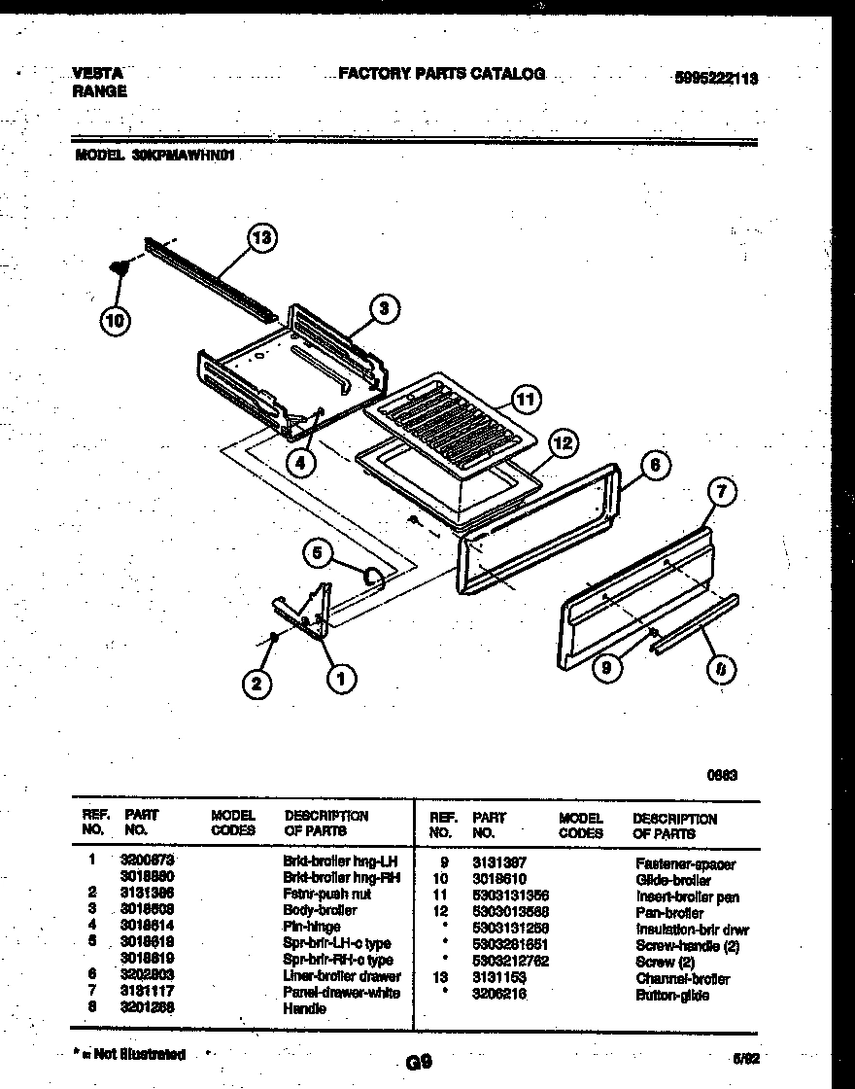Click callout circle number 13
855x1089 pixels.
pyautogui.click(x=261, y=237)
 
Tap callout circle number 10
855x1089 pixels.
pyautogui.click(x=116, y=322)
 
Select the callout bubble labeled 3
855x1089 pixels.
pyautogui.click(x=384, y=309)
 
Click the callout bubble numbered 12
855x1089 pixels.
pyautogui.click(x=564, y=443)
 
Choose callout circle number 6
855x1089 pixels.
pyautogui.click(x=655, y=466)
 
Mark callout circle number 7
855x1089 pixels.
pyautogui.click(x=720, y=493)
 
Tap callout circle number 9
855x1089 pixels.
pyautogui.click(x=607, y=668)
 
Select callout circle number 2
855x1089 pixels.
pyautogui.click(x=256, y=685)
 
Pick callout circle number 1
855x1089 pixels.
pyautogui.click(x=340, y=679)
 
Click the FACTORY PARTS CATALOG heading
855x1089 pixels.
pyautogui.click(x=441, y=73)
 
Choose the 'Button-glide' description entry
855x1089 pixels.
pyautogui.click(x=672, y=995)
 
